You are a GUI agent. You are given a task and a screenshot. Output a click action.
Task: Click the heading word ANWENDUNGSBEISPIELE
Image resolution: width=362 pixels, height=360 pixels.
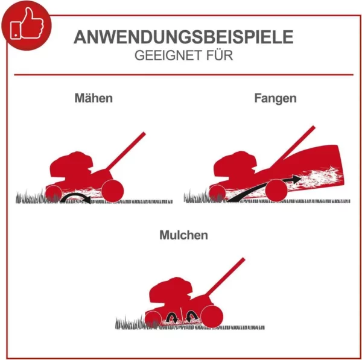[183, 37]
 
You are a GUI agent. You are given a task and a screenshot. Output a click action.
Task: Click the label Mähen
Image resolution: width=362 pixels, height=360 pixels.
[94, 98]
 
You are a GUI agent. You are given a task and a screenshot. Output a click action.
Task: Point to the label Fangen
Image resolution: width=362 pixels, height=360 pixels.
[275, 98]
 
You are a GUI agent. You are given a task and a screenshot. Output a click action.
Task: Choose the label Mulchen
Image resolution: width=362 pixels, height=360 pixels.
[183, 235]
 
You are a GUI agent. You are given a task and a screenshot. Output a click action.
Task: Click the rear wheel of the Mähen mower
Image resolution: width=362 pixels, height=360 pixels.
[112, 191]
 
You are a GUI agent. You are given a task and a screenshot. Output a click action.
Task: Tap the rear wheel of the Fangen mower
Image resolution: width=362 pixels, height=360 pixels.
[278, 191]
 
